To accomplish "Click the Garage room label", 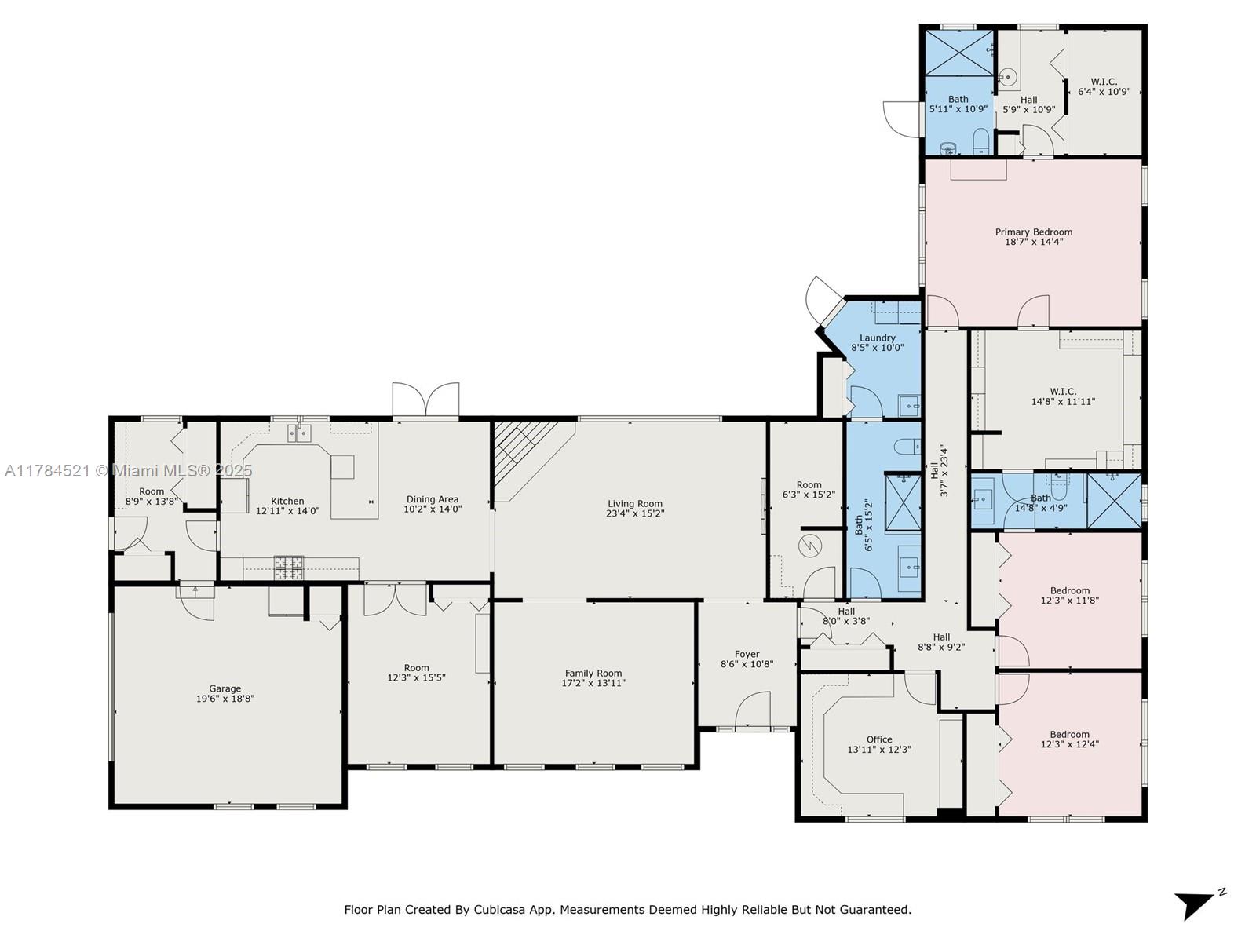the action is tap(225, 688).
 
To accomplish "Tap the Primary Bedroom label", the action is tap(1033, 232).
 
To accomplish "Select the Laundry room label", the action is tap(877, 338).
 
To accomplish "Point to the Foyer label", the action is tap(747, 654).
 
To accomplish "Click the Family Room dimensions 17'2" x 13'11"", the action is tap(593, 682).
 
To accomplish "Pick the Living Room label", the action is tap(634, 503).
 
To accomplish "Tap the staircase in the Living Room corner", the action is tap(527, 452).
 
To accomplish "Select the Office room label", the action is tap(879, 739).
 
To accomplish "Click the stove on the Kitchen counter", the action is tap(289, 568).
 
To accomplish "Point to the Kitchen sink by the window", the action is tap(299, 433).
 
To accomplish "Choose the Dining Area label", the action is tap(432, 498).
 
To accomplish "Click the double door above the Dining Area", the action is tap(425, 400).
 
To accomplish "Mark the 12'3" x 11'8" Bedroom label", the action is tap(1069, 595).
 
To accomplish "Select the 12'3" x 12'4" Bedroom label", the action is tap(1069, 739).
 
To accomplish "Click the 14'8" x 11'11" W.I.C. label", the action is tap(1063, 396).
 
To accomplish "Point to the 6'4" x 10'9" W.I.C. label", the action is tap(1104, 86).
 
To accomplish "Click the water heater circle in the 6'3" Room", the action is tap(810, 546).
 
